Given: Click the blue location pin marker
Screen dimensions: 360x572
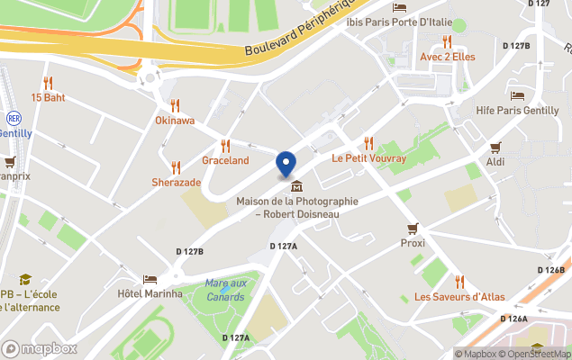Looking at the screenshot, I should (x=286, y=163).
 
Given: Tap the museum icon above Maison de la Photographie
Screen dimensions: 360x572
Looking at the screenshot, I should (x=297, y=186).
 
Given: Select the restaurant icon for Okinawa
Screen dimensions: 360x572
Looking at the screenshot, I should (x=175, y=104).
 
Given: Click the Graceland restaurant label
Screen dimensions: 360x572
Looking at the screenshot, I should (x=225, y=160).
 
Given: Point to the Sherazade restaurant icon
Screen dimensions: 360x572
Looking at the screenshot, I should (x=176, y=166).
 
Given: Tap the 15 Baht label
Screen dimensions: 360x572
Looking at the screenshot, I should (x=49, y=97).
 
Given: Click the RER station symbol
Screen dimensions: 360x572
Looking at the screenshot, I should (x=14, y=117).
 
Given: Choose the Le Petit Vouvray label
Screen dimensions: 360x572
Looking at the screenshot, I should (x=369, y=158).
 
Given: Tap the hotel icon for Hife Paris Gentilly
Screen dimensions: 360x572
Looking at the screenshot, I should (x=518, y=94).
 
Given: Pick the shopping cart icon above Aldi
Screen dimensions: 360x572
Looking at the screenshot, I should (x=495, y=147).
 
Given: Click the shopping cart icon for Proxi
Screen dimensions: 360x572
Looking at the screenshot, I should (x=413, y=228).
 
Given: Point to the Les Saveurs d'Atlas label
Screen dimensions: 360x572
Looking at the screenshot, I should (x=459, y=297).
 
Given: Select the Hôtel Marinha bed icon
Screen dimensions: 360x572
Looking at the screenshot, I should (x=150, y=279).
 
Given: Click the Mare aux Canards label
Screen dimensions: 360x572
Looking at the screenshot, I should (x=224, y=290).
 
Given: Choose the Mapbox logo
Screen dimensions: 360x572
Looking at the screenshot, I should (x=40, y=348).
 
